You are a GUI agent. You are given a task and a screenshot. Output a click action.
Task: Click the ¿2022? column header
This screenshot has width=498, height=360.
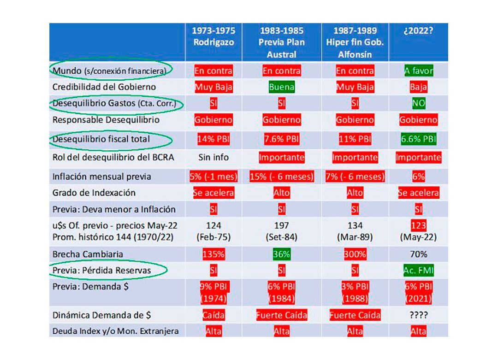pyautogui.click(x=418, y=31)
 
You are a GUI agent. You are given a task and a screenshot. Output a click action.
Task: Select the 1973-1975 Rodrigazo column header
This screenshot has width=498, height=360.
pyautogui.click(x=213, y=36)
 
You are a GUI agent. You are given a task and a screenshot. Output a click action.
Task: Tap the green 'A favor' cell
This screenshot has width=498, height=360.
pyautogui.click(x=418, y=71)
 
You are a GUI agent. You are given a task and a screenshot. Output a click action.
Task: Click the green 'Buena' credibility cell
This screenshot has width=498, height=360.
pyautogui.click(x=281, y=87)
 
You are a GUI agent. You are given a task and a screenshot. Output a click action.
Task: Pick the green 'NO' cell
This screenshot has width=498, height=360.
pyautogui.click(x=418, y=103)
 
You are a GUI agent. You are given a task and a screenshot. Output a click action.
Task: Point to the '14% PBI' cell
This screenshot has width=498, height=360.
pyautogui.click(x=213, y=139)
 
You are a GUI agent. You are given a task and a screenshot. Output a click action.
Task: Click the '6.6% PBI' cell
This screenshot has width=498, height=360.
pyautogui.click(x=418, y=139)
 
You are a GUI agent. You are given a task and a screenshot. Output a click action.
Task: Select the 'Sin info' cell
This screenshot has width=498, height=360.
pyautogui.click(x=213, y=157)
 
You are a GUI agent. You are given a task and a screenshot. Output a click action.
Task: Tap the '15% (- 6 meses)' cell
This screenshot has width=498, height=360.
pyautogui.click(x=281, y=176)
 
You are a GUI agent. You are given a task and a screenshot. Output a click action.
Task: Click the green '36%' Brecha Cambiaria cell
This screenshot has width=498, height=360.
pyautogui.click(x=281, y=254)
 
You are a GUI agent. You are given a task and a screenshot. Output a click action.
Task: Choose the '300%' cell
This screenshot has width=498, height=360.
pyautogui.click(x=355, y=254)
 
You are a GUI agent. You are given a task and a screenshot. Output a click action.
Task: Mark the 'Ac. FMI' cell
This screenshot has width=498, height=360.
pyautogui.click(x=418, y=271)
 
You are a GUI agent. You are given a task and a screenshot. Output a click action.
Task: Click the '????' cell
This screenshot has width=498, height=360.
pyautogui.click(x=418, y=315)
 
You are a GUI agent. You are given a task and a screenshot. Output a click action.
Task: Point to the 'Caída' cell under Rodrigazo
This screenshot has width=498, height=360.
pyautogui.click(x=213, y=315)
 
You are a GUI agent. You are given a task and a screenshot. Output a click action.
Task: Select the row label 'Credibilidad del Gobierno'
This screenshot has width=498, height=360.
pyautogui.click(x=104, y=87)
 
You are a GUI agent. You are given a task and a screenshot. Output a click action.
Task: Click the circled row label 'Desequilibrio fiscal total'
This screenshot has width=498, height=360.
pyautogui.click(x=101, y=139)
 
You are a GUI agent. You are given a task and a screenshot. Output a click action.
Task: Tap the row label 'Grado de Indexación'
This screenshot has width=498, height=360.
pyautogui.click(x=94, y=192)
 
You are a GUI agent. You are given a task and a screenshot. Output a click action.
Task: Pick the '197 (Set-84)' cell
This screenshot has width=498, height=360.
pyautogui.click(x=281, y=231)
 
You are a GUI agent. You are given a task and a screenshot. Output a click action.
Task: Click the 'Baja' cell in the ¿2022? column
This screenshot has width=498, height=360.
pyautogui.click(x=418, y=87)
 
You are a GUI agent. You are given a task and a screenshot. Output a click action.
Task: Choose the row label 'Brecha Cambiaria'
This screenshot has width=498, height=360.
pyautogui.click(x=88, y=254)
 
